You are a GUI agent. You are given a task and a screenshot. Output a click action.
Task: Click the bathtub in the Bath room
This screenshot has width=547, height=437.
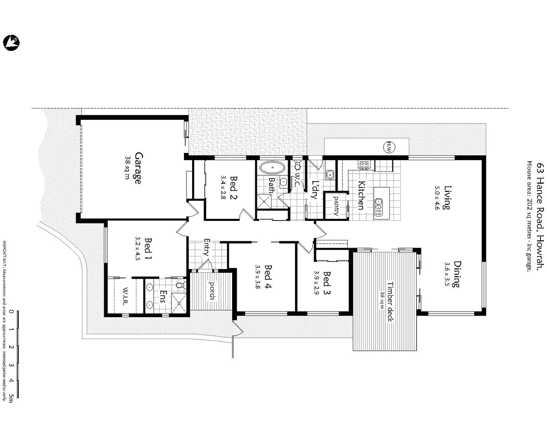[271, 167]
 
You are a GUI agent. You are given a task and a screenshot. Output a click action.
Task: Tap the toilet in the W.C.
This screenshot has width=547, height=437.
[298, 166]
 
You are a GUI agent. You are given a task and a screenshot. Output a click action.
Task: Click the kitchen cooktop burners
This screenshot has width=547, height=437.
[364, 165]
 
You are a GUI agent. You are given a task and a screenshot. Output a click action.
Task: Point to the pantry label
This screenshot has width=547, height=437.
[336, 205]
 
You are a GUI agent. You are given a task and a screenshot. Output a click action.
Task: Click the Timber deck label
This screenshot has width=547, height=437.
[390, 301]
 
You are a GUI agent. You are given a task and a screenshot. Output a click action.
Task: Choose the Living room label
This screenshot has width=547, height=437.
[447, 197]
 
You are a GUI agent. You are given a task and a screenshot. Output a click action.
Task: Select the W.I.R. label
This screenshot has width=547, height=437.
[126, 296]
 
